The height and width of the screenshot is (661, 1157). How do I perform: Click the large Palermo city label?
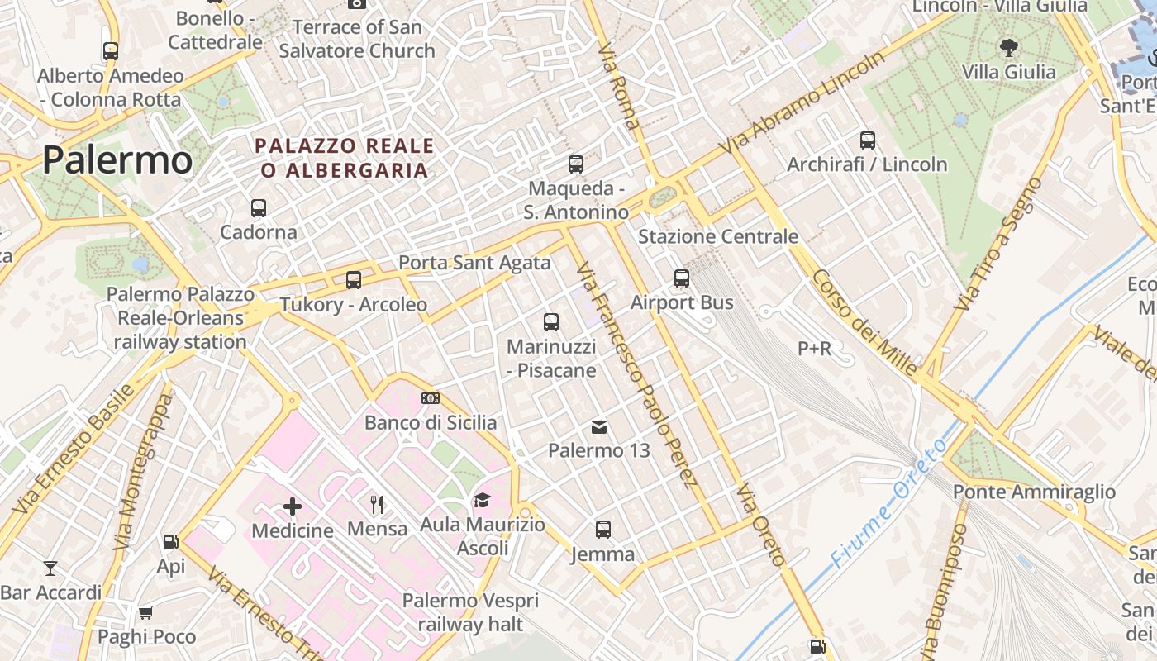tap(117, 160)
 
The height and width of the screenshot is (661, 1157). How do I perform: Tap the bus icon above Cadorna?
tap(259, 208)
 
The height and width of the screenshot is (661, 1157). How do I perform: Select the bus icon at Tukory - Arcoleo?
tap(354, 280)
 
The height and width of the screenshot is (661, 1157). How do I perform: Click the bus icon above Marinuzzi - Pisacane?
tap(551, 322)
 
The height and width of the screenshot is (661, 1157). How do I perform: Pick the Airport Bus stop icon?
tap(682, 278)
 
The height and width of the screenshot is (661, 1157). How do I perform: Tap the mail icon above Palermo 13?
tap(599, 427)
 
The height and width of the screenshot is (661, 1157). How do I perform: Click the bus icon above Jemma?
tap(603, 530)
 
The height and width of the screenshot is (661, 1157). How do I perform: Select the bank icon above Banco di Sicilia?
tap(431, 398)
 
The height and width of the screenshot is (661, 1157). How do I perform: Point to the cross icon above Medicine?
tap(293, 506)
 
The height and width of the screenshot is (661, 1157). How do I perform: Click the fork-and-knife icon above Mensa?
tap(377, 504)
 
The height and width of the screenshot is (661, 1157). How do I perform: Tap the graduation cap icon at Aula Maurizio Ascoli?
tap(482, 500)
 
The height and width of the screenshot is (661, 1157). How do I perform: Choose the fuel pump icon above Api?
tap(170, 542)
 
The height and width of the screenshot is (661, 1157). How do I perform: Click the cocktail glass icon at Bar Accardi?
tap(50, 568)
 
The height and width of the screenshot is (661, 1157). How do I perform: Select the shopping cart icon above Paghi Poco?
tap(146, 612)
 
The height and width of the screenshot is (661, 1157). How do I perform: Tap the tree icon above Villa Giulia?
tap(1008, 47)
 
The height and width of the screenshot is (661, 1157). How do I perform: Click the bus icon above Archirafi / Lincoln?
tap(867, 140)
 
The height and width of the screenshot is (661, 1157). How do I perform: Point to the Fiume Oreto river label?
tap(889, 504)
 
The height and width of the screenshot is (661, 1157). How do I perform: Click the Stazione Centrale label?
tap(718, 237)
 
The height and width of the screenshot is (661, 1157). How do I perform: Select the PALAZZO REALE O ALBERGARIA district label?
tap(344, 158)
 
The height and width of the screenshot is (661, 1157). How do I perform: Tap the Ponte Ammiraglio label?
tap(1034, 492)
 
